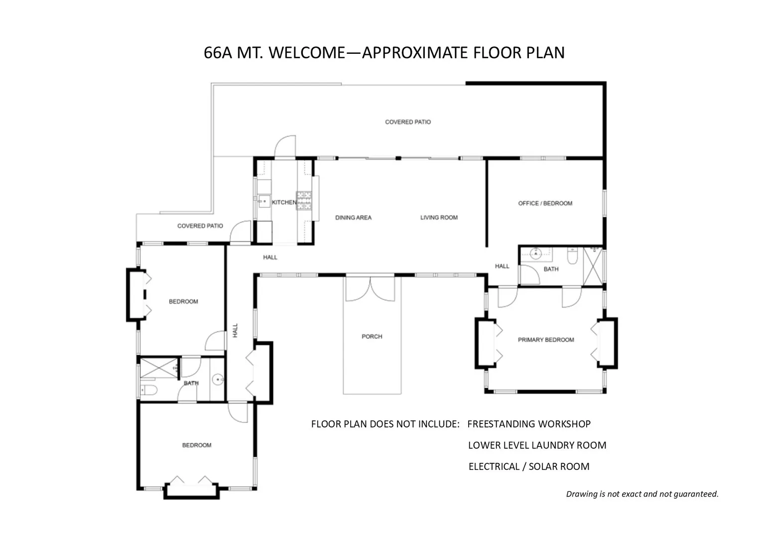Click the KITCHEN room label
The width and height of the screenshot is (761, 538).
tap(284, 203)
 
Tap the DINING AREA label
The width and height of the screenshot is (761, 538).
tap(353, 218)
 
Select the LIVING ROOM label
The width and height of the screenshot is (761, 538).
tap(439, 218)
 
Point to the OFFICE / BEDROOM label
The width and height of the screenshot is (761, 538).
tap(545, 203)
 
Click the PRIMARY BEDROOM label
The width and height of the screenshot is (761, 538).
tap(546, 340)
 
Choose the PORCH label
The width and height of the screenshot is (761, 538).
tap(372, 336)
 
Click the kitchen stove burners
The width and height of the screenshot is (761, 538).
tap(304, 200)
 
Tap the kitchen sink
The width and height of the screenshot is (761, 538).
tap(264, 201)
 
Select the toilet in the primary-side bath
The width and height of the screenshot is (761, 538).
tap(572, 256)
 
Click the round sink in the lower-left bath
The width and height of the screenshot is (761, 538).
tap(218, 379)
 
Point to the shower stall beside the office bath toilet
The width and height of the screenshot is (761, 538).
tap(593, 267)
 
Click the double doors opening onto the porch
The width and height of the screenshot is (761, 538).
tap(371, 288)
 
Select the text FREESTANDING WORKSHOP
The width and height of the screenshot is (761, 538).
tap(529, 424)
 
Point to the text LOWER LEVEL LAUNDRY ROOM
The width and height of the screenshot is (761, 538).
tap(537, 445)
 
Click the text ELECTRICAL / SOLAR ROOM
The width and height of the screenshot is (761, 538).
tap(529, 467)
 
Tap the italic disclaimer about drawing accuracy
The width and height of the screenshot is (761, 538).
tap(642, 494)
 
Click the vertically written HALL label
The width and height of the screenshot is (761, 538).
tap(235, 330)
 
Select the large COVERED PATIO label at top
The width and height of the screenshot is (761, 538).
tap(408, 122)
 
